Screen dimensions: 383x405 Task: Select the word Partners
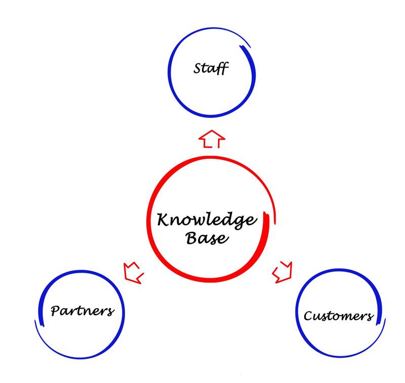coord(82,310)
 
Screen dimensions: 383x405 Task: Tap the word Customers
coord(338,316)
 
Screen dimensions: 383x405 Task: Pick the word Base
coord(207,238)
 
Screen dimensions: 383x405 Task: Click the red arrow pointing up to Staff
coord(211,139)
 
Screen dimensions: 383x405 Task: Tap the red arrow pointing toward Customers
coord(282,272)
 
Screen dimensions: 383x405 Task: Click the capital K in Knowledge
coord(163,220)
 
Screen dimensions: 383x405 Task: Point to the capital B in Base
coord(192,237)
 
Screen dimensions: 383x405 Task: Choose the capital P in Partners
coord(56,310)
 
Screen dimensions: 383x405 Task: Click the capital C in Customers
coord(308,316)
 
